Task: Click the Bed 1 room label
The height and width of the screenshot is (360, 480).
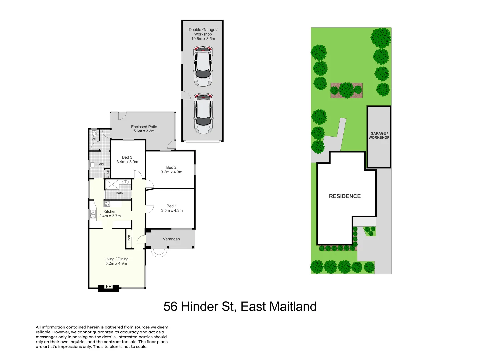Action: pyautogui.click(x=172, y=206)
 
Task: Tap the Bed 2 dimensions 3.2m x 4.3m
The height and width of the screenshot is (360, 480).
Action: pyautogui.click(x=171, y=172)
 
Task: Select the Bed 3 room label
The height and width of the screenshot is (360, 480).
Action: pyautogui.click(x=127, y=157)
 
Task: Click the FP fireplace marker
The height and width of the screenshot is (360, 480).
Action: pyautogui.click(x=109, y=287)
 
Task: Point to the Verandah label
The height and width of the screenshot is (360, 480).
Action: pyautogui.click(x=171, y=239)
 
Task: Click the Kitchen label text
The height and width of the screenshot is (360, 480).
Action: pyautogui.click(x=110, y=211)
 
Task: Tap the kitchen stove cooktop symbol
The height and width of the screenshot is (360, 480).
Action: pyautogui.click(x=107, y=204)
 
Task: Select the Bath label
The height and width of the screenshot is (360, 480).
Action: pyautogui.click(x=119, y=193)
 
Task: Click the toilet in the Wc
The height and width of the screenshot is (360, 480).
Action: pyautogui.click(x=94, y=134)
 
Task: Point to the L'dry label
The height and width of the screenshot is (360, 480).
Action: pyautogui.click(x=100, y=164)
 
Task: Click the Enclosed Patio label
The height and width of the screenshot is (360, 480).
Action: pyautogui.click(x=144, y=127)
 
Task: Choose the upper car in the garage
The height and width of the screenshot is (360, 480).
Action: pyautogui.click(x=203, y=66)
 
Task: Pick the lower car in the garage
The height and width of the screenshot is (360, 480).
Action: pyautogui.click(x=203, y=113)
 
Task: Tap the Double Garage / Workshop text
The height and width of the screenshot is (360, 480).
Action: pyautogui.click(x=203, y=32)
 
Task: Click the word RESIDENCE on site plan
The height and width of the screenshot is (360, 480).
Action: pyautogui.click(x=345, y=196)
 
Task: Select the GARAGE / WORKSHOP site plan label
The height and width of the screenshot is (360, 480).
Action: pyautogui.click(x=379, y=135)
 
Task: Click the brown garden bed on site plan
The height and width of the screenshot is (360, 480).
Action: pyautogui.click(x=346, y=91)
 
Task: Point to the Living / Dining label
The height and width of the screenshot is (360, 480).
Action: pyautogui.click(x=116, y=259)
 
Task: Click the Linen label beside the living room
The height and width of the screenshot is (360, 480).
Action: pyautogui.click(x=129, y=239)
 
